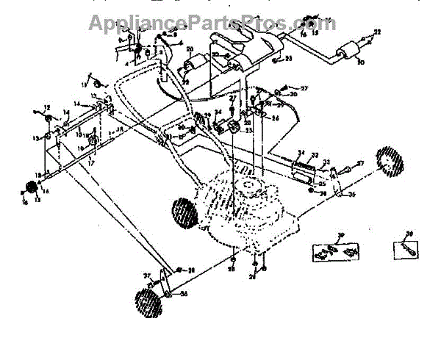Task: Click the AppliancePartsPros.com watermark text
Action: coord(212,23)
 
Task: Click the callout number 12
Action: coord(46,107)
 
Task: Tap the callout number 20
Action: coord(189,51)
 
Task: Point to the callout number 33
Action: coord(326,162)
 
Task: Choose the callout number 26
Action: coord(255,276)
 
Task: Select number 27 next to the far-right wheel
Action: coord(360,163)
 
